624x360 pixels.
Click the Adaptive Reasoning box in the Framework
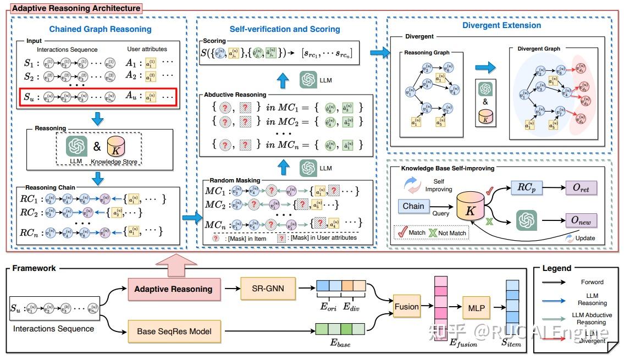(174, 289)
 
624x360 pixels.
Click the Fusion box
(406, 307)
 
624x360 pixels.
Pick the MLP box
(476, 308)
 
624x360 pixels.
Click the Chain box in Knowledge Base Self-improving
(413, 206)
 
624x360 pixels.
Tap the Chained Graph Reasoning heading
(100, 29)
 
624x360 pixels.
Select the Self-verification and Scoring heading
(285, 29)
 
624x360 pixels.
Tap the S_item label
(512, 344)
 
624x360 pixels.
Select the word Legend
(557, 268)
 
